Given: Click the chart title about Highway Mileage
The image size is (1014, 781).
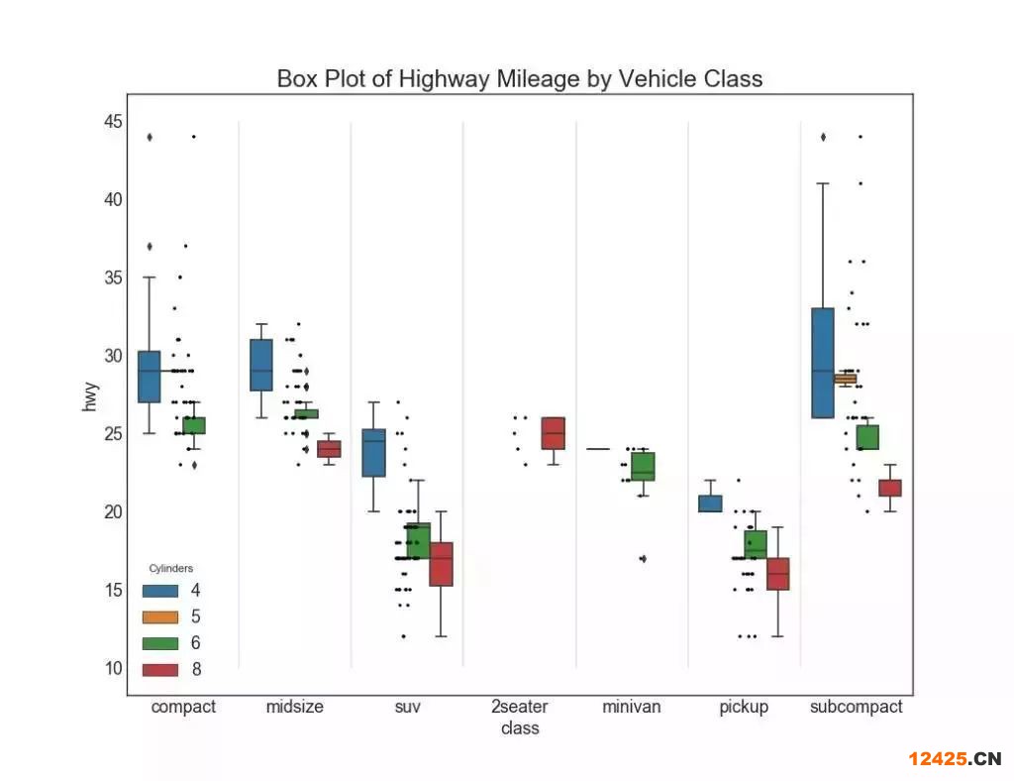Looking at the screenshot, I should point(520,79).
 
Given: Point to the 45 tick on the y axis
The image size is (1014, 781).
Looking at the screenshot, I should point(112,122).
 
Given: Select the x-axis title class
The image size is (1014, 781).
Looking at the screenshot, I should point(520,728).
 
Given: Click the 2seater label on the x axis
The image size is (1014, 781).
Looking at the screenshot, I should point(520,707).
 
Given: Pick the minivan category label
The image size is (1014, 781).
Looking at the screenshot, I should point(632,707).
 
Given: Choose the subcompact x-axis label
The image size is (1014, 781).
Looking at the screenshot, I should point(857,707).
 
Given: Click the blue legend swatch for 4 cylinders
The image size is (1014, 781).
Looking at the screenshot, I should point(160,591).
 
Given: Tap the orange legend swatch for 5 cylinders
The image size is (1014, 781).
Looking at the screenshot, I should point(160,616).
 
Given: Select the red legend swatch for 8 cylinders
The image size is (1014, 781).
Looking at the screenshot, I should point(160,670).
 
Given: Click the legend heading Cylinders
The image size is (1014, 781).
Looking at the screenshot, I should point(170,569).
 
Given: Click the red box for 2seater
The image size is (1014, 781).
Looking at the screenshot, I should point(553,433).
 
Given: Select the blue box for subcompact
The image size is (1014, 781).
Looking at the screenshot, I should point(822,363).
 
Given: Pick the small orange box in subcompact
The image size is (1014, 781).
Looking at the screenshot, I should point(845,379).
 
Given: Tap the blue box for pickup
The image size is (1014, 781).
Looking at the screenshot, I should point(710,503).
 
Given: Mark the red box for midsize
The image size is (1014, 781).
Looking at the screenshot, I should point(329,449).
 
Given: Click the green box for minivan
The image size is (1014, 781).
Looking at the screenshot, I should point(643,466).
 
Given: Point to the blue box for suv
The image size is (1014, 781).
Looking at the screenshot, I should point(373,453).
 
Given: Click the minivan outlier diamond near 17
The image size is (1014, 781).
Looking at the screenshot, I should point(643,559).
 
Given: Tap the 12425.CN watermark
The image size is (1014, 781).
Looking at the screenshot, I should point(956,759).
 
